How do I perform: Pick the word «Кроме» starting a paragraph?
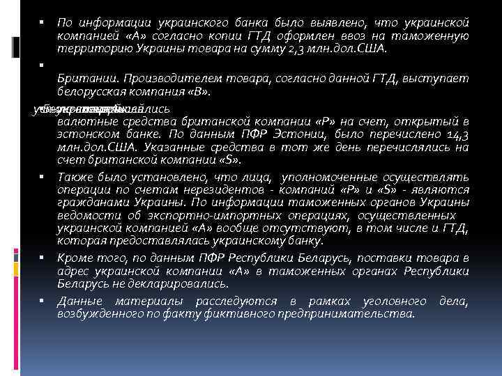75,257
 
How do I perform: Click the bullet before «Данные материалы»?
43,300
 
